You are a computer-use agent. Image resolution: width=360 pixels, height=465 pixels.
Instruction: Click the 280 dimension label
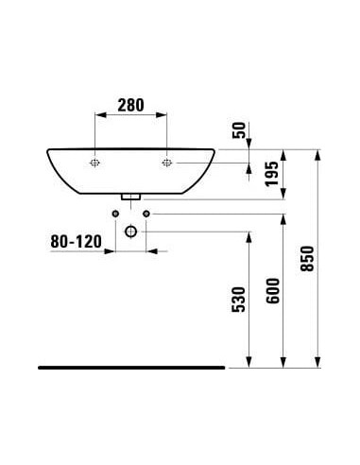[x=130, y=106]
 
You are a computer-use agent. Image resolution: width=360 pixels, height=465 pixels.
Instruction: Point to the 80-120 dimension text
[x=76, y=242]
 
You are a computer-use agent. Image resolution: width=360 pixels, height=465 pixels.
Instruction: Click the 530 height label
[x=238, y=299]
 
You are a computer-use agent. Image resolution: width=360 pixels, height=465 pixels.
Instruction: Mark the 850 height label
[x=306, y=255]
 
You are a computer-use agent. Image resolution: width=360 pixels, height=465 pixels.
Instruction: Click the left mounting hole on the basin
[x=95, y=164]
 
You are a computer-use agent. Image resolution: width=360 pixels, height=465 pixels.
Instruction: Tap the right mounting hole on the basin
[x=167, y=164]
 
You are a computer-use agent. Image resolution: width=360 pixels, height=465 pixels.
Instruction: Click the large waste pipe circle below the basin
[x=131, y=231]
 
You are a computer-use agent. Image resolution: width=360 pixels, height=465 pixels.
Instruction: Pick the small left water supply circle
[x=114, y=215]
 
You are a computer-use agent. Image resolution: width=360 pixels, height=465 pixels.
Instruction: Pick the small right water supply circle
[x=148, y=215]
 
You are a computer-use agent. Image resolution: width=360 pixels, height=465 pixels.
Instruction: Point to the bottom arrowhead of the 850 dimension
[x=319, y=360]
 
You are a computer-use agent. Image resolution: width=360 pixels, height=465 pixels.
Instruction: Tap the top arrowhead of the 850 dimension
[x=319, y=154]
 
